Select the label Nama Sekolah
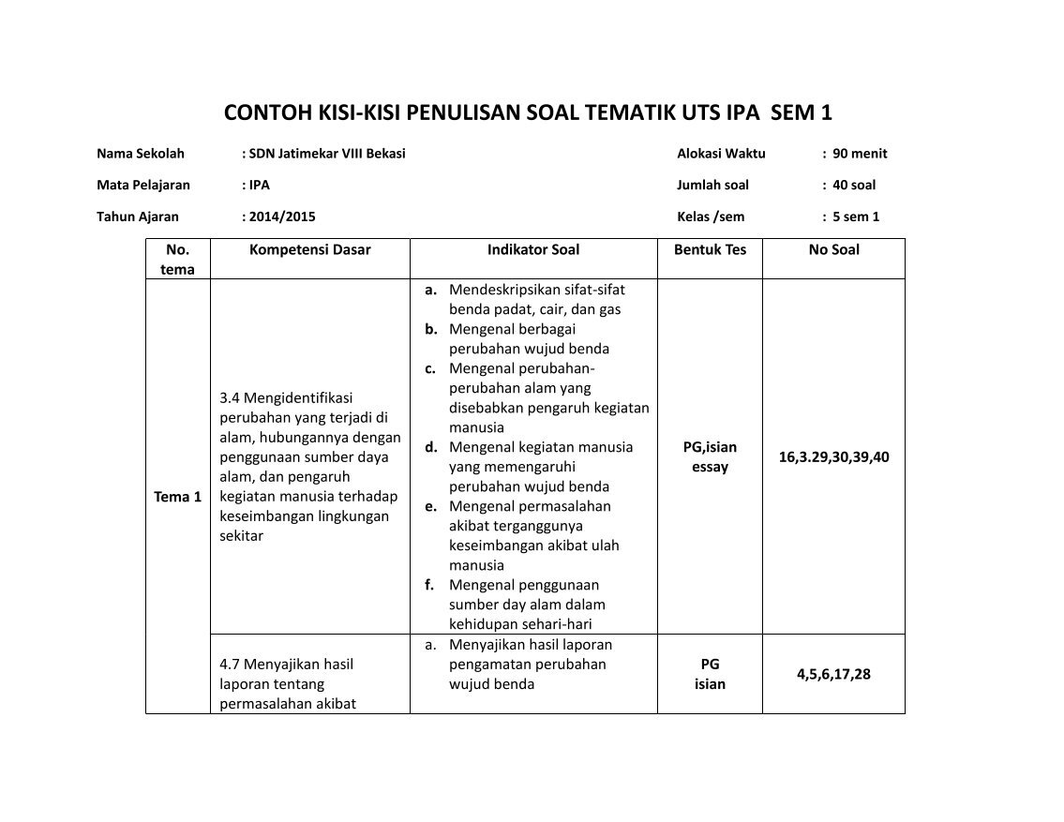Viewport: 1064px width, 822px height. [141, 154]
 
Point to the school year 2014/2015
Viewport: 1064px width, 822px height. [281, 217]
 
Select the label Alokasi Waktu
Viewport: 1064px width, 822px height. [721, 154]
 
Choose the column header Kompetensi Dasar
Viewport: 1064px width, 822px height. [310, 249]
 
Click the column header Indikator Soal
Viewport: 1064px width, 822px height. [532, 249]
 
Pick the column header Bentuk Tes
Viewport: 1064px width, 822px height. [710, 249]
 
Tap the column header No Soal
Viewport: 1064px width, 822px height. [833, 249]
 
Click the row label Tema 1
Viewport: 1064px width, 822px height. [177, 497]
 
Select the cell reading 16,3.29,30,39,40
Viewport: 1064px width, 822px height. [833, 457]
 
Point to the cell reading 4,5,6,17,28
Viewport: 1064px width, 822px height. [833, 674]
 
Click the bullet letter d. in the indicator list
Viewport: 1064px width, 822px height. [431, 447]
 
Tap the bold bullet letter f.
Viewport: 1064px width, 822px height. [429, 585]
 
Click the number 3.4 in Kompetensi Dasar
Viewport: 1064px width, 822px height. [229, 398]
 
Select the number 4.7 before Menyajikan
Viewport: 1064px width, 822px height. [229, 665]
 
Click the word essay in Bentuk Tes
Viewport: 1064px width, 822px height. [710, 467]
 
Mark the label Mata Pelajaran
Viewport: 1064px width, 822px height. [143, 186]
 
